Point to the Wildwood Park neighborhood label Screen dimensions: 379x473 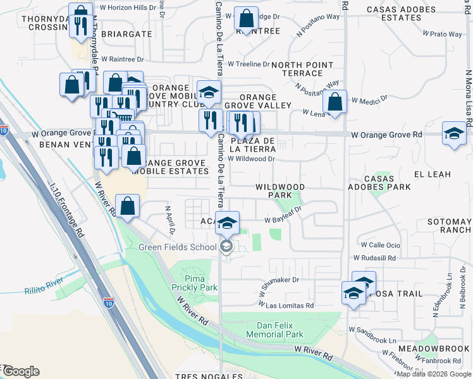(280, 191)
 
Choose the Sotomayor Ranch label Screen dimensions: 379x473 (450, 226)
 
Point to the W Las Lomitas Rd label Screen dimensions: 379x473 (287, 305)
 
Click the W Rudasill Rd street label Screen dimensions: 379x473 (374, 258)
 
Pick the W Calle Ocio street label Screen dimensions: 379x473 (380, 244)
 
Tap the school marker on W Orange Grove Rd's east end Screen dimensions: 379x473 (453, 133)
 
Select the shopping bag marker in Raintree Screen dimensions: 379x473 (245, 17)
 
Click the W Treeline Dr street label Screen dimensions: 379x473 (249, 64)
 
